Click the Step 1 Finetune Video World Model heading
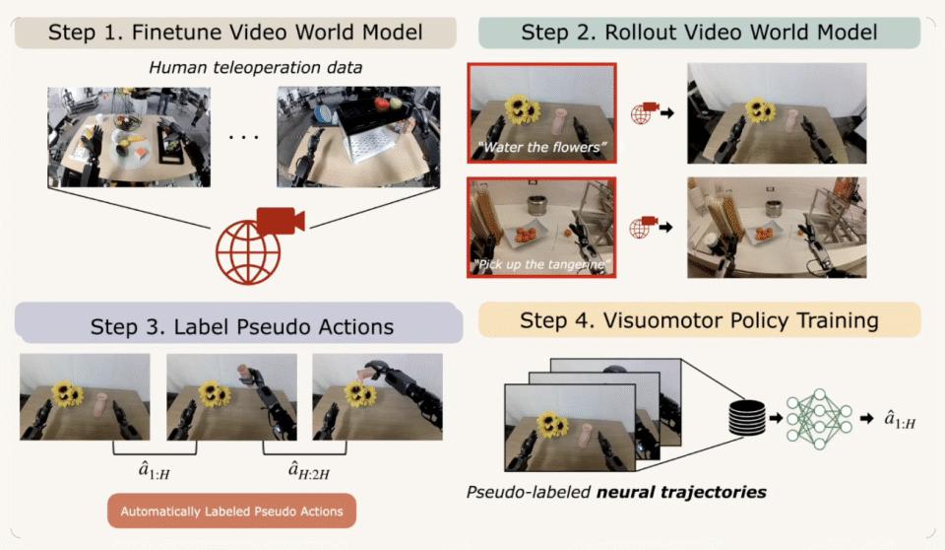coord(234,33)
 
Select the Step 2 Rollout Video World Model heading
coord(699,33)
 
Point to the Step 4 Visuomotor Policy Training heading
coord(700,320)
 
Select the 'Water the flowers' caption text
coord(543,148)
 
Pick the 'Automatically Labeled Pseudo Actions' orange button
coord(231,512)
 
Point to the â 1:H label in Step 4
coord(900,421)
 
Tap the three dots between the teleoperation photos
coord(242,137)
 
